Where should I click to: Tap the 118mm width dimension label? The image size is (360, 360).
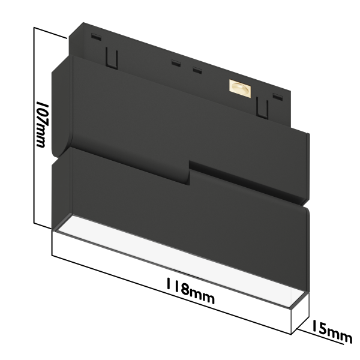[x=191, y=291]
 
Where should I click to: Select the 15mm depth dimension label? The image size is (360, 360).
[x=331, y=332]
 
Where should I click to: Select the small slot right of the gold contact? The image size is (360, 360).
[x=277, y=95]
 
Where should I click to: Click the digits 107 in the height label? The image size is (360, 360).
[x=42, y=113]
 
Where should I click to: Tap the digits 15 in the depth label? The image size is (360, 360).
[x=320, y=328]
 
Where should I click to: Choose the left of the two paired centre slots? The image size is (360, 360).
[x=176, y=63]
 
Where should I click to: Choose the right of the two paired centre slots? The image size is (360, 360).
[x=196, y=70]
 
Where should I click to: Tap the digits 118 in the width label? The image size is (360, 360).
[x=178, y=287]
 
